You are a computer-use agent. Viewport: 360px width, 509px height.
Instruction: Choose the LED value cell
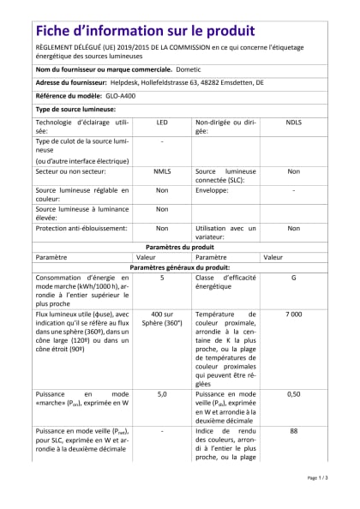161,123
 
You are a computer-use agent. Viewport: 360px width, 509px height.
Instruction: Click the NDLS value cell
293,123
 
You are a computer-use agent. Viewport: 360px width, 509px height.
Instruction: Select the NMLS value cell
161,171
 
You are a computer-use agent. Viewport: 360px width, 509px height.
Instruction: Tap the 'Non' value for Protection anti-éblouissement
161,229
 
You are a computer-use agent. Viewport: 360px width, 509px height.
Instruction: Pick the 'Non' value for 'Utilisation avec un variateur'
293,229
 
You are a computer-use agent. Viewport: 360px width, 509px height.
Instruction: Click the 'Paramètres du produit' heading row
180,246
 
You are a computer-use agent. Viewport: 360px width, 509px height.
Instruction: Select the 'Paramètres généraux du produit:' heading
180,267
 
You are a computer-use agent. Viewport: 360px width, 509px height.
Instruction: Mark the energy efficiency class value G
293,278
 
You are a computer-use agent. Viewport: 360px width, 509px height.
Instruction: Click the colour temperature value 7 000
293,315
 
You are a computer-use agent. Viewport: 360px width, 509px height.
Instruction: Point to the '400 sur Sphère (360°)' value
161,320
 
